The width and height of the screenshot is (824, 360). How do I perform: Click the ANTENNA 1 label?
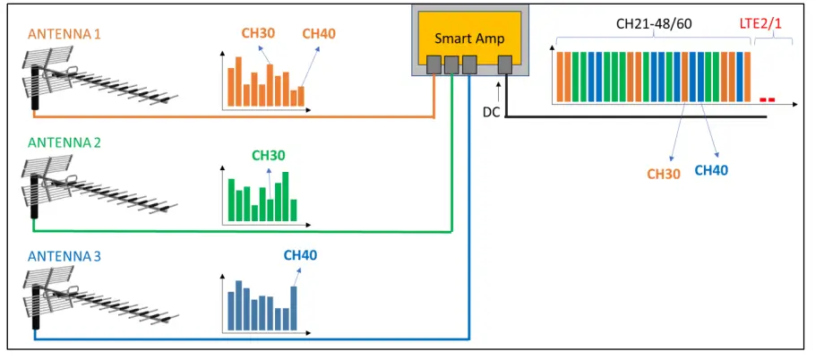point(64,34)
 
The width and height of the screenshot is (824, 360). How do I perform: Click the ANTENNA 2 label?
point(64,142)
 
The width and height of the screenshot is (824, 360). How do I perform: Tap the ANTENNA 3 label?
point(64,256)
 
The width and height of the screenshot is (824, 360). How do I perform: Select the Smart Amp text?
point(470,39)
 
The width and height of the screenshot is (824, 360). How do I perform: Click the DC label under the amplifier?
point(491,112)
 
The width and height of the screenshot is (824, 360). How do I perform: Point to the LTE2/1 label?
point(760,23)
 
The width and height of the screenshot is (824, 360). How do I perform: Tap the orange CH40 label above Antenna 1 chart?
point(319,34)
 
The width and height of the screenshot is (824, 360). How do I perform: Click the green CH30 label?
point(268,155)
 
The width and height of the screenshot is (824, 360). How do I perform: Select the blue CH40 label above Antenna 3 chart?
point(300,255)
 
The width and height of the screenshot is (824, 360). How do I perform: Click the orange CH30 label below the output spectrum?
point(664,173)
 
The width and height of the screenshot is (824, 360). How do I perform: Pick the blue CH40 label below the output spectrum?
point(711,169)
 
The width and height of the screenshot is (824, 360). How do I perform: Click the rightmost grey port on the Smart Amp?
point(504,64)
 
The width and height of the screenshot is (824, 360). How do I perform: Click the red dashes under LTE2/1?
point(766,99)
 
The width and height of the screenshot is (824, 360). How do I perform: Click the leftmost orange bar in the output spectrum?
point(560,78)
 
